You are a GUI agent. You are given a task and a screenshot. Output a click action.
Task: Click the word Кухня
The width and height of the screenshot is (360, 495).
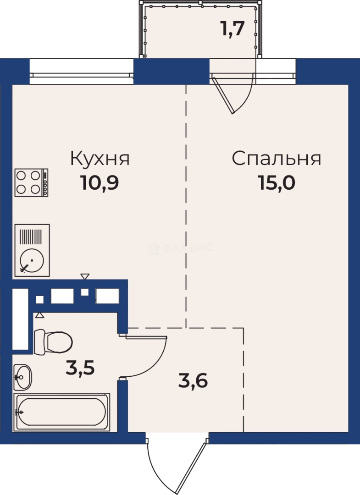100,159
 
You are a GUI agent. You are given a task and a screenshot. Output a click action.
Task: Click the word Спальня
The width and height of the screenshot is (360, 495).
276,159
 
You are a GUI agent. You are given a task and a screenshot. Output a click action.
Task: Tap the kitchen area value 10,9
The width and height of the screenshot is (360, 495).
100,183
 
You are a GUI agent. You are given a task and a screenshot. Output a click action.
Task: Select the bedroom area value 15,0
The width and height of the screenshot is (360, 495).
276,183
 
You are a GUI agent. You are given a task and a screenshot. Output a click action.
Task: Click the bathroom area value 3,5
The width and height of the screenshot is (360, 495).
80,368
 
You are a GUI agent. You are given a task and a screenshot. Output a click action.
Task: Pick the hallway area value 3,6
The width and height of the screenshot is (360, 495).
193,380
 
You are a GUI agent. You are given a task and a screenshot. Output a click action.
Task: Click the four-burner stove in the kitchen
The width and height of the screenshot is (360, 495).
32,182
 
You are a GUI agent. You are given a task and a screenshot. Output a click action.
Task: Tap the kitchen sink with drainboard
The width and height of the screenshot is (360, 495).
32,250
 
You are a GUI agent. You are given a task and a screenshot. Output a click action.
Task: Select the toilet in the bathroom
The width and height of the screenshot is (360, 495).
53,341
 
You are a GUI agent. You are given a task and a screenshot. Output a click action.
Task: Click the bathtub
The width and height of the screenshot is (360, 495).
62,412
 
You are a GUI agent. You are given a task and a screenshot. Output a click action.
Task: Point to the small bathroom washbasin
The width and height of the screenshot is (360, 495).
22,377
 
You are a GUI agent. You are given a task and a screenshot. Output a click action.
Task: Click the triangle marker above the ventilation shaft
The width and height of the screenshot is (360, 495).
85,276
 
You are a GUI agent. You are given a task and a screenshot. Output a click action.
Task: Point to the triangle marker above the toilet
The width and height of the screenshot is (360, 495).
39,315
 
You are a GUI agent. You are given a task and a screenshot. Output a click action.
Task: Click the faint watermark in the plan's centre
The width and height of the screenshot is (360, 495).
180,248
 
